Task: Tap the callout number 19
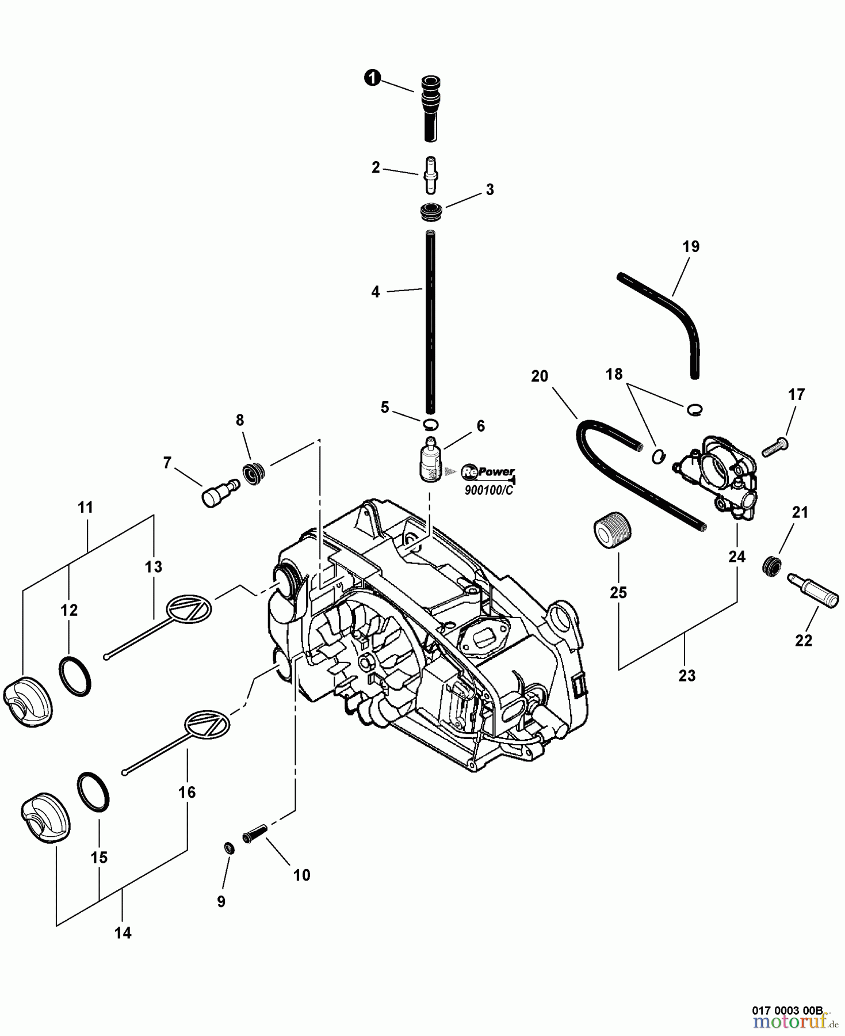point(690,246)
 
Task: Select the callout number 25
point(618,592)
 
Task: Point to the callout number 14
point(123,933)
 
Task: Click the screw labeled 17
point(775,446)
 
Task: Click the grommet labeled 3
point(430,214)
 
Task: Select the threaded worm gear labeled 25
point(611,530)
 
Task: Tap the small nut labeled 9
point(229,847)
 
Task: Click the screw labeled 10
point(255,833)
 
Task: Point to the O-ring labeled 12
point(75,675)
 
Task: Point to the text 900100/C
point(488,490)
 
